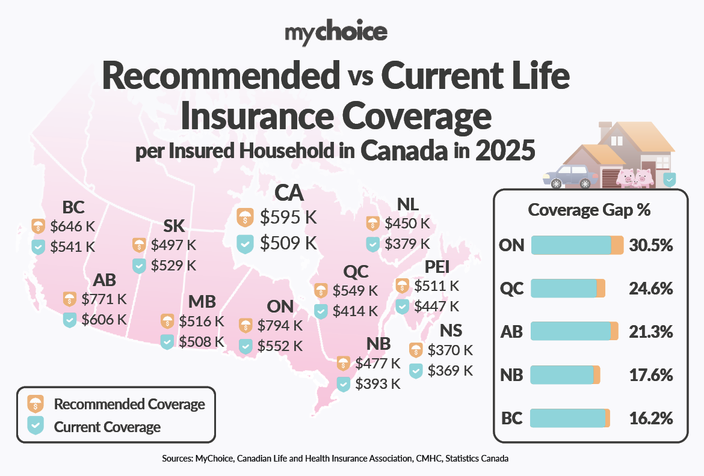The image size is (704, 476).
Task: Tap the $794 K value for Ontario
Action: click(280, 326)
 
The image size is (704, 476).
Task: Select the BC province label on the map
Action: click(73, 208)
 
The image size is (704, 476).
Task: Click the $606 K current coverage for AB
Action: click(104, 319)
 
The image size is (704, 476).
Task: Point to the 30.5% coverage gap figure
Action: click(650, 245)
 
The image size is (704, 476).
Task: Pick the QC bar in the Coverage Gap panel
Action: click(567, 288)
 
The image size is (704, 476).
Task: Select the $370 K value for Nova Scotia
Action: click(450, 350)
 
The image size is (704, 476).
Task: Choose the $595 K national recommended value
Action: click(288, 217)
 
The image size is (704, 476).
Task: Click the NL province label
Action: click(408, 204)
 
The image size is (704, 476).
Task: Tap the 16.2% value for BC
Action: click(650, 418)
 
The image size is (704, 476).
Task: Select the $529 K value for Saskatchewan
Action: click(173, 265)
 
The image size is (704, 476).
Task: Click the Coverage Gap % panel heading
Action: click(589, 210)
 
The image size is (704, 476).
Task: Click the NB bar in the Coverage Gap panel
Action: click(565, 375)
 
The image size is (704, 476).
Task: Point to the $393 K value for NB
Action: click(377, 383)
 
